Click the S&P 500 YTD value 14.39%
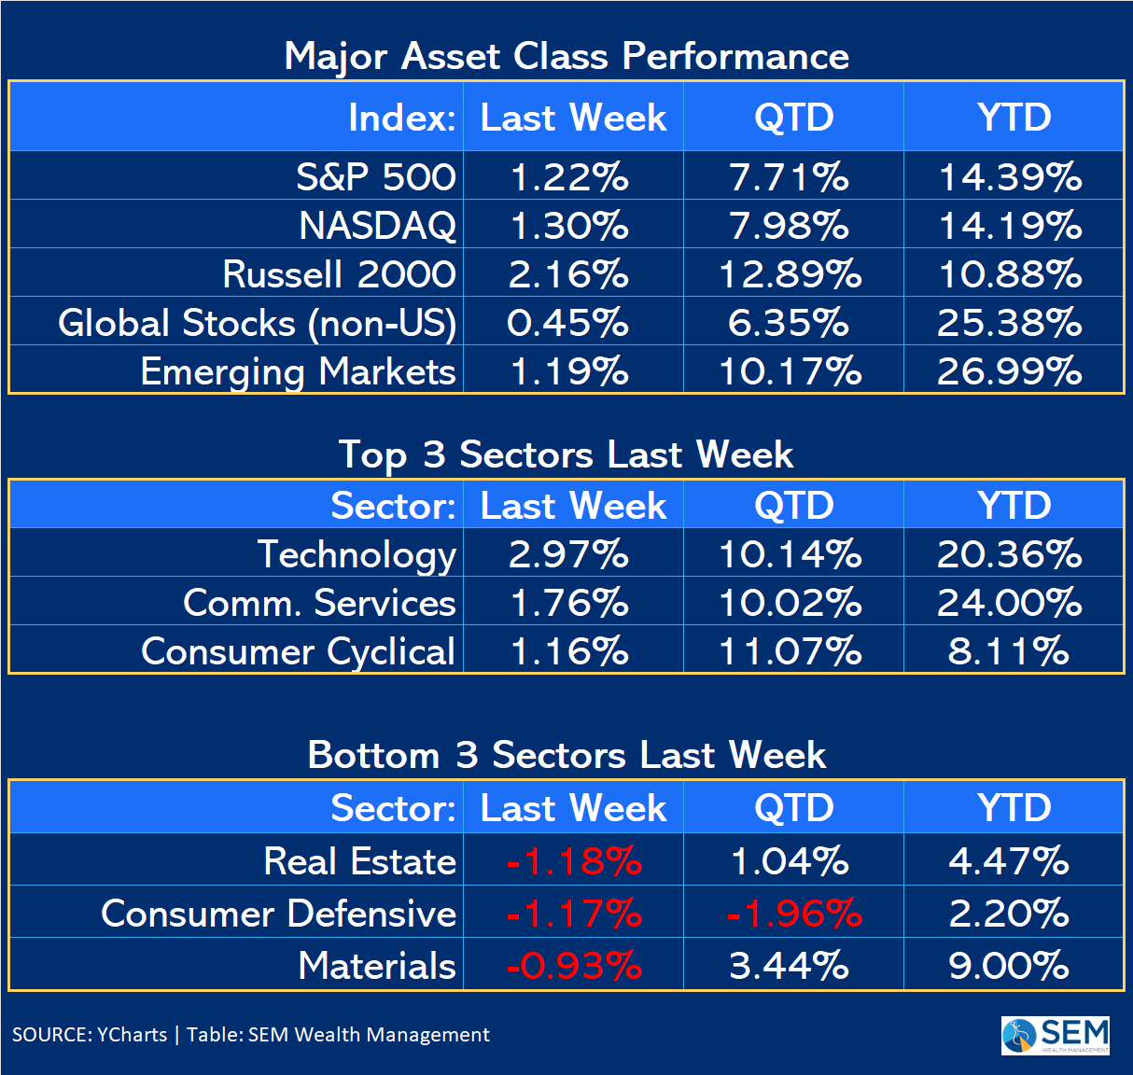[x=1010, y=177]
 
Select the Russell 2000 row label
[x=339, y=274]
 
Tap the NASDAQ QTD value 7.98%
[x=790, y=226]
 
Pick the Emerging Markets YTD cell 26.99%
[x=1010, y=371]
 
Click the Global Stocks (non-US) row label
[x=257, y=323]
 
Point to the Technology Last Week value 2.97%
[x=568, y=554]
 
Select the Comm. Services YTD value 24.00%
[x=1010, y=603]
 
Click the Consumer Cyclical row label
[x=298, y=651]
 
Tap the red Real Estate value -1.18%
[x=574, y=861]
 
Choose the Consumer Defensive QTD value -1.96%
[x=794, y=914]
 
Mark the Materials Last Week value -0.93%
[x=574, y=966]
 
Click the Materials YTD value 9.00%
[x=1009, y=966]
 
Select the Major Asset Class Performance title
[x=566, y=56]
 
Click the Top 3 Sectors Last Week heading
[x=566, y=454]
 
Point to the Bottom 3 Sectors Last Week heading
[x=566, y=755]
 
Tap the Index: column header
[x=402, y=118]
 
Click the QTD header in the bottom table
[x=794, y=808]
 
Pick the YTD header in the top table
[x=1014, y=118]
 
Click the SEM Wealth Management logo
[x=1056, y=1036]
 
